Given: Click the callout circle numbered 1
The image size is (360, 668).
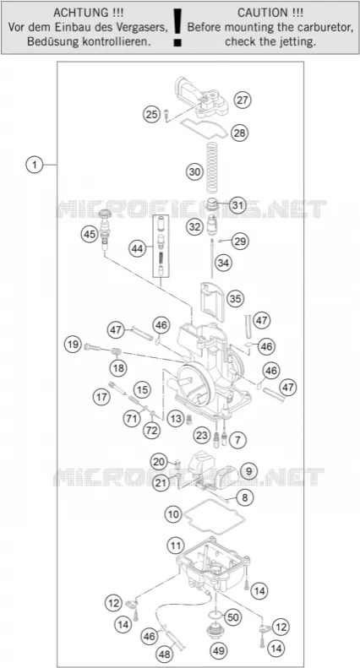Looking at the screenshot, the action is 34,165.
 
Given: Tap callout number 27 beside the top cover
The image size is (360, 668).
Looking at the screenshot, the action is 243,100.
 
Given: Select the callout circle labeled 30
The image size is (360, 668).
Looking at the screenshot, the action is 194,172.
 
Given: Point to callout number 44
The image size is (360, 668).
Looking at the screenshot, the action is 138,249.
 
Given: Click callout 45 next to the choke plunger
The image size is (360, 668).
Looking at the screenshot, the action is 90,234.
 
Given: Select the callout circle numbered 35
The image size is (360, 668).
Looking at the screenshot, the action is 235,299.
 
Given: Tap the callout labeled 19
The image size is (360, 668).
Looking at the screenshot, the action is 74,344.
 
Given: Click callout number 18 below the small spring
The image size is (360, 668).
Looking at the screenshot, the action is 118,367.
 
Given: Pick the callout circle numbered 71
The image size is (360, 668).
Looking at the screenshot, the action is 132,418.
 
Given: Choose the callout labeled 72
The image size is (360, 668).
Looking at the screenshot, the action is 150,431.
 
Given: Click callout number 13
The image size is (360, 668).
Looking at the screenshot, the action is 175,419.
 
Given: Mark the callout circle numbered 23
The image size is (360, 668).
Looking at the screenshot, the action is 201,436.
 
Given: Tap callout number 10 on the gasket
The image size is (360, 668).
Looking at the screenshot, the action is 173,514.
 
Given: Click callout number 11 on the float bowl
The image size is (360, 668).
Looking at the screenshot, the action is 175,545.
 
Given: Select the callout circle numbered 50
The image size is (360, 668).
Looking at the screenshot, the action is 232,616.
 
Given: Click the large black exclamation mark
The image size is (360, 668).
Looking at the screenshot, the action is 177,26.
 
